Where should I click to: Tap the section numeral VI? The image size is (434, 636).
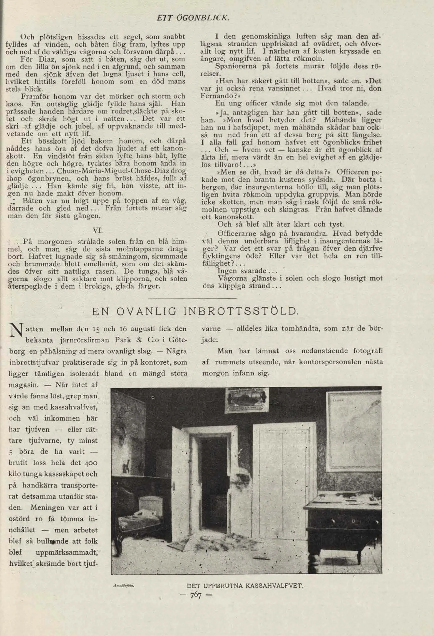[x=97, y=230]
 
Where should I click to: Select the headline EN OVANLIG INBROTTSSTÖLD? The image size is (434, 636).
[x=195, y=312]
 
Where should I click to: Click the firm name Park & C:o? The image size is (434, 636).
[x=135, y=340]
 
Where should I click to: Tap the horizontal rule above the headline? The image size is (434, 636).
[x=192, y=298]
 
